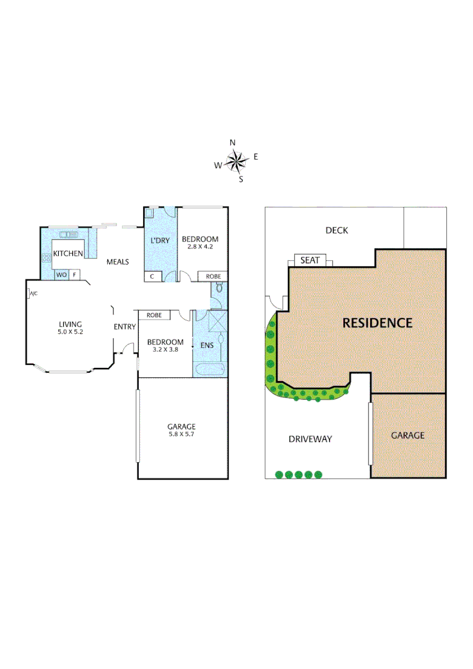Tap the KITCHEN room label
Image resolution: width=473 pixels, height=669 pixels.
[67, 253]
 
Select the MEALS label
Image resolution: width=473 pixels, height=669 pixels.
[117, 261]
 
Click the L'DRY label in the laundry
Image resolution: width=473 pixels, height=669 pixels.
[161, 239]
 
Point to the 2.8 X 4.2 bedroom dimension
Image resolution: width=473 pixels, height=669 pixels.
[199, 247]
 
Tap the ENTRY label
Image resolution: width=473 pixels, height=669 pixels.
[124, 327]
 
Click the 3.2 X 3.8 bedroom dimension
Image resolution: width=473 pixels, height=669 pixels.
[165, 350]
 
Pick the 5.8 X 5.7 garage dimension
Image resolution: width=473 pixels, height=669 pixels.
[181, 435]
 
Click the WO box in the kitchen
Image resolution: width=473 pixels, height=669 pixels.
[61, 274]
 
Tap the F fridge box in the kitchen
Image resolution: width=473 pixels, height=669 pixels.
[74, 274]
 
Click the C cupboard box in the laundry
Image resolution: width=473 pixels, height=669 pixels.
[152, 276]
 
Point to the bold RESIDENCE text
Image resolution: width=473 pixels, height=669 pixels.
[377, 323]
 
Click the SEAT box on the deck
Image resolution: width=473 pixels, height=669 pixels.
[310, 260]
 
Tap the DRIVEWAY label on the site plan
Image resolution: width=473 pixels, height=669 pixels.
[310, 439]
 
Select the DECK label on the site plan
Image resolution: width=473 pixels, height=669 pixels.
[337, 230]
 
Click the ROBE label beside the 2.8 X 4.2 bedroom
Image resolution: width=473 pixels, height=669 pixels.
[212, 276]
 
